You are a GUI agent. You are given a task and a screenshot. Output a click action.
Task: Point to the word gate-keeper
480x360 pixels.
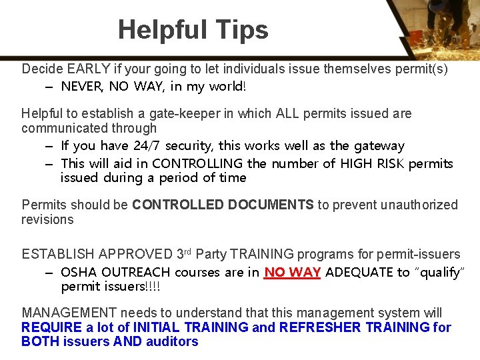point(187,113)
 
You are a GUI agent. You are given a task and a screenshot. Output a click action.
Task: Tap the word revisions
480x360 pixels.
point(47,219)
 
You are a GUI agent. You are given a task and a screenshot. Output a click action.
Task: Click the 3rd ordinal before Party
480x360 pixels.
point(185,253)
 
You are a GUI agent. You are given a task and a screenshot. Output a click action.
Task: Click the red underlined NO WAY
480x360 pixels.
point(293,272)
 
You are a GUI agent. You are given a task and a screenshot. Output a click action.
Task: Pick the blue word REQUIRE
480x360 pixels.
point(52,327)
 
